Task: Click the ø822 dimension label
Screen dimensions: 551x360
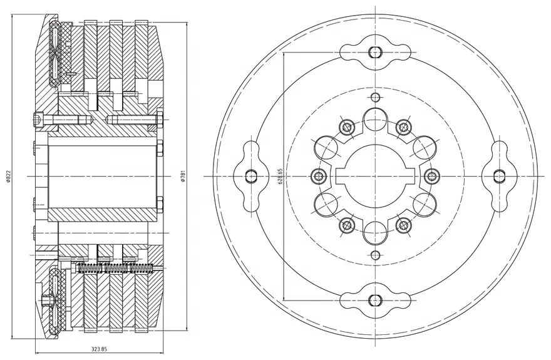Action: (8, 177)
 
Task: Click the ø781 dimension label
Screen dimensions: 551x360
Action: (182, 177)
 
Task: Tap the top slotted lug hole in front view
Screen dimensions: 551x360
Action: (374, 51)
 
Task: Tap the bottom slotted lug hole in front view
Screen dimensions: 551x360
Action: (374, 301)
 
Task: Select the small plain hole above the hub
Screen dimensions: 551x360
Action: (374, 97)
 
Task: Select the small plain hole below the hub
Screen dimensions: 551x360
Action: (374, 255)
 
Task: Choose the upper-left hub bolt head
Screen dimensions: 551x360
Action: (346, 128)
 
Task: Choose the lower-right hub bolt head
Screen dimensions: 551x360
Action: (404, 224)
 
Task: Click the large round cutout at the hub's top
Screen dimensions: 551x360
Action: (374, 118)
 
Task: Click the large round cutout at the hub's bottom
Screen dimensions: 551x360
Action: (374, 232)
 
